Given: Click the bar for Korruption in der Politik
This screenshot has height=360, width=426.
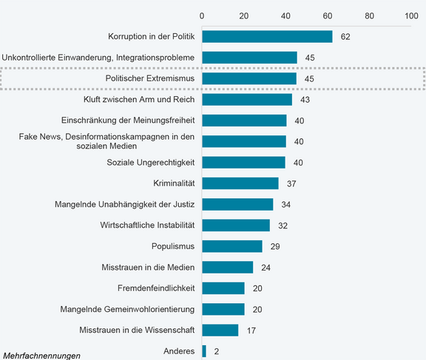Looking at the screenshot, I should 267,36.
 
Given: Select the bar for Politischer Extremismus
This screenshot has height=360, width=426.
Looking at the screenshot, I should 249,78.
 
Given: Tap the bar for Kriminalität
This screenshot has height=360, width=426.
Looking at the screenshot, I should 240,183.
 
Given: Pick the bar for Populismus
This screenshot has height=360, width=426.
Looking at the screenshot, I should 232,246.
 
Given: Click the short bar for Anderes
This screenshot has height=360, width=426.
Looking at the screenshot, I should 204,351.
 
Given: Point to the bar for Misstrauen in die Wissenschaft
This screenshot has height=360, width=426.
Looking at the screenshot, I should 220,330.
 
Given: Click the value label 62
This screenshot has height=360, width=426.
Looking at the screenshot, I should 345,36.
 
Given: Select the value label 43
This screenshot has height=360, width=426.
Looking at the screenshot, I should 305,100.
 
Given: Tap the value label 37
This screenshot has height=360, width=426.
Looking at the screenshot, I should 292,183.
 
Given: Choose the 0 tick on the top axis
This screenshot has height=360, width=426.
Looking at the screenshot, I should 203,15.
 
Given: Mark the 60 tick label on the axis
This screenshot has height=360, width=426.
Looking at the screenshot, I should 328,15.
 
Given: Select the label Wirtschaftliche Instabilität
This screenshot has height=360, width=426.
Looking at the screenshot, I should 147,225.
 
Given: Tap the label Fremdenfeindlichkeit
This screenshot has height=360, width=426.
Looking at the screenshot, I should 156,288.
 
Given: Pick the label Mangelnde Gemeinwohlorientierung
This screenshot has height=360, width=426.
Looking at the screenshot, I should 127,309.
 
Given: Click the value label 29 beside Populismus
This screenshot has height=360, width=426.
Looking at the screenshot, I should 275,246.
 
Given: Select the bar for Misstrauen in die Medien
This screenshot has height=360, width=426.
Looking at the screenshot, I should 227,267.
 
